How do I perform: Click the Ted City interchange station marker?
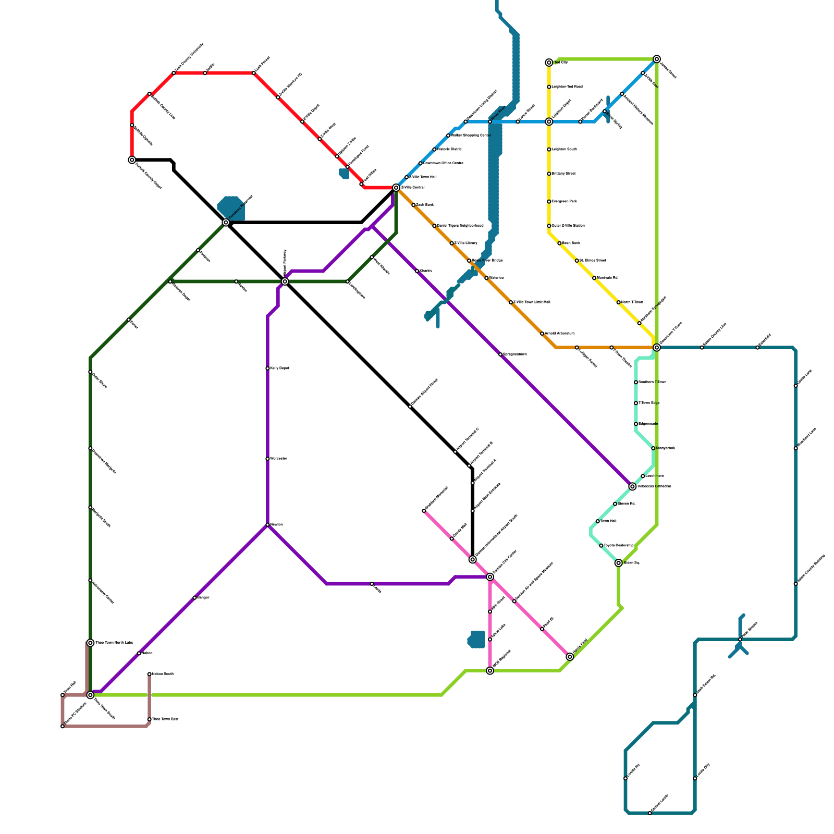click(x=549, y=63)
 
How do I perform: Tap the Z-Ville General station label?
click(x=412, y=187)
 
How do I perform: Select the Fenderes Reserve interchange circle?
click(x=226, y=223)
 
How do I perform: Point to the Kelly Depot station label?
click(x=279, y=369)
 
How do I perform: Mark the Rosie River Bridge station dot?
click(x=469, y=261)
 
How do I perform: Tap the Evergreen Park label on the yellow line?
click(x=564, y=201)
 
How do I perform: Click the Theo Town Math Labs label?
click(x=114, y=643)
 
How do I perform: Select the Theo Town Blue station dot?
click(x=150, y=719)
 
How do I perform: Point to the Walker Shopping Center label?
click(x=471, y=136)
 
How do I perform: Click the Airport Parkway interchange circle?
click(x=285, y=281)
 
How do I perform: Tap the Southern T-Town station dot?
click(x=636, y=383)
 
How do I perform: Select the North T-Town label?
click(x=632, y=302)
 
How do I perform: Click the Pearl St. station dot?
click(x=542, y=629)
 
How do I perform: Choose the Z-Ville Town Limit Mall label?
click(x=532, y=302)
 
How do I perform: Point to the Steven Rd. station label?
click(x=627, y=504)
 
